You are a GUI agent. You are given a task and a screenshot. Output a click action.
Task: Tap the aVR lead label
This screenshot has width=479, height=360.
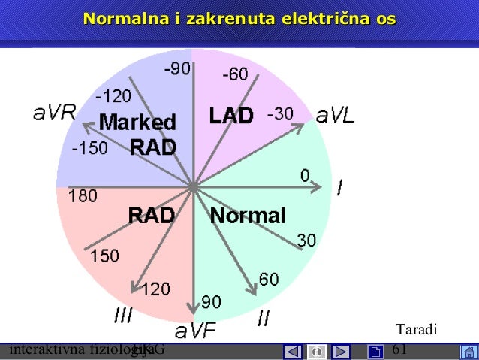(54, 113)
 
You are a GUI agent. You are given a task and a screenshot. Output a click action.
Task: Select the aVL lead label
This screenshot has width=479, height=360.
(336, 116)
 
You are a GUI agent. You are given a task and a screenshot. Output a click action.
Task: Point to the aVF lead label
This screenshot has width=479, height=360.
(195, 330)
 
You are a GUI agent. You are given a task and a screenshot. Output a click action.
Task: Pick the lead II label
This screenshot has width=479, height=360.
(264, 319)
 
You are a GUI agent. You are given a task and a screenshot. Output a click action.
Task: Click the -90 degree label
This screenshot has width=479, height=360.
(178, 69)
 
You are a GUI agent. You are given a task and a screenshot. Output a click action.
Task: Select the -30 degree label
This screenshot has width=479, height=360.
(279, 113)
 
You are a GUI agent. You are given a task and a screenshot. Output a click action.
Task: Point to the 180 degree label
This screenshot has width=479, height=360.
(83, 196)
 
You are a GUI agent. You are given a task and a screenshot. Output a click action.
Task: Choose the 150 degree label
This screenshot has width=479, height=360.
(104, 256)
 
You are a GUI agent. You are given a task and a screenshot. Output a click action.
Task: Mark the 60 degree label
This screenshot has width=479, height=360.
(269, 280)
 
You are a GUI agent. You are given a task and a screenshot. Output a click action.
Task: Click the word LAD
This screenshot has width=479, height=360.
(230, 116)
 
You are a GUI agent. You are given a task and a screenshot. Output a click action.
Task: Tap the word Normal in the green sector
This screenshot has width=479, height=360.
(248, 216)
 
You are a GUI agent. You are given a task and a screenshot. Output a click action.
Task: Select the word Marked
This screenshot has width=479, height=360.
(137, 122)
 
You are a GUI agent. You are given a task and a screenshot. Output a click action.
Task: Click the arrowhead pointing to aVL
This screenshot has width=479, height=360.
(301, 126)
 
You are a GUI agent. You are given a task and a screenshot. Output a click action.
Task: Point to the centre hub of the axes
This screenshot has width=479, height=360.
(193, 185)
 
